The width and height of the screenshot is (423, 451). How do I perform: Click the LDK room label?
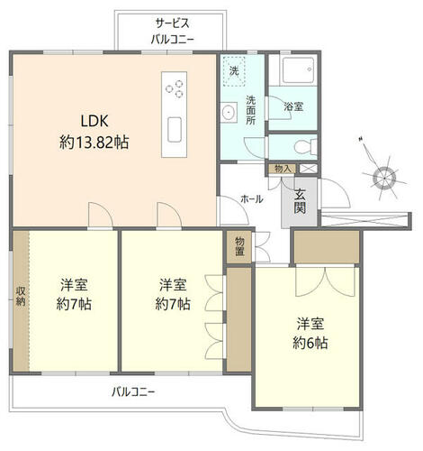pos(94,121)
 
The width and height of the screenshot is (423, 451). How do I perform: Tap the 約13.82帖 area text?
pos(94,143)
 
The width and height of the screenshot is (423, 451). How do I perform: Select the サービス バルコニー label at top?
pos(172,31)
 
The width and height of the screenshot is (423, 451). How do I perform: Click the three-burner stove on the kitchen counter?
pos(175,89)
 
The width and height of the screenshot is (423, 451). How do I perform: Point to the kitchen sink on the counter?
pos(175,130)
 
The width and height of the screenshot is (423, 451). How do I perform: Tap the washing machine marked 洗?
pos(234,71)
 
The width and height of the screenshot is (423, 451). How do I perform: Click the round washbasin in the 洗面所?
pos(229,113)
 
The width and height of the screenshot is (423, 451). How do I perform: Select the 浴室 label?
pos(293,106)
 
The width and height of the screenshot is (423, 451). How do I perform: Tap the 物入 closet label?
pos(283,169)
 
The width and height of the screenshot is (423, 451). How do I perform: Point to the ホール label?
pos(252,198)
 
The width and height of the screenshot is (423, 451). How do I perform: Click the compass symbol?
pos(383,178)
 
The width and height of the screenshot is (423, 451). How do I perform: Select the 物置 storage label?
pos(239,246)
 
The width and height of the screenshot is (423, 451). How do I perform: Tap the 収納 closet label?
pos(21,296)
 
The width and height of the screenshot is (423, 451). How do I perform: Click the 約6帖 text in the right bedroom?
pos(310,343)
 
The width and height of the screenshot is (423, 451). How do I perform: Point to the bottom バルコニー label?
pos(133,391)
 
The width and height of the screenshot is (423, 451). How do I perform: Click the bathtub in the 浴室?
pos(297,70)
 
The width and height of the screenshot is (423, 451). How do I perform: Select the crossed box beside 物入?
pos(308,169)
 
